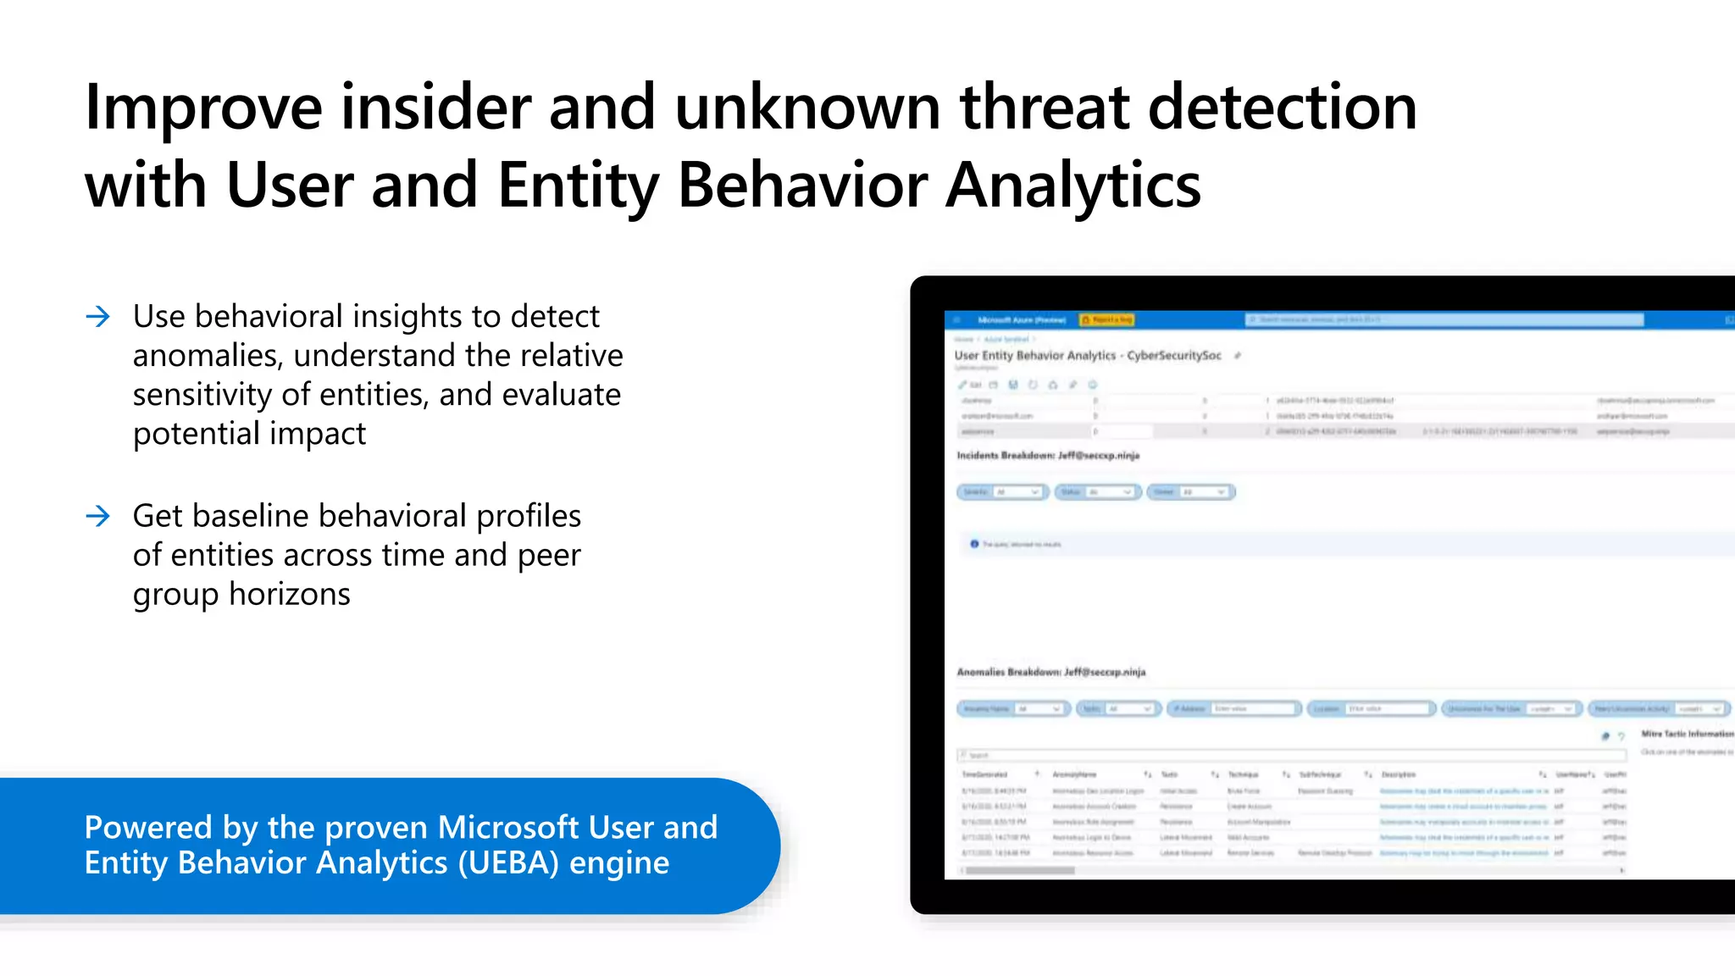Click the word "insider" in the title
(435, 108)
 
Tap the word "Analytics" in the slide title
(1073, 186)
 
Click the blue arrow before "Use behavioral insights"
(98, 317)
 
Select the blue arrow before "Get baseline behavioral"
(98, 516)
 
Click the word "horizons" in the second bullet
(289, 595)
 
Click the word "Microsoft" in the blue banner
(507, 828)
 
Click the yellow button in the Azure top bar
(1106, 320)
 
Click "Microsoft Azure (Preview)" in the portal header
(1021, 320)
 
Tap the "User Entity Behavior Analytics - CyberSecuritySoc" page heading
(1088, 356)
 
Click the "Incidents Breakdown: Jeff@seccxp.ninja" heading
(1048, 456)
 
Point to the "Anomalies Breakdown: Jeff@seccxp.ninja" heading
(1050, 672)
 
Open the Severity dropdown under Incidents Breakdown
(1003, 492)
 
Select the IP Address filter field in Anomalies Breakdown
(1233, 708)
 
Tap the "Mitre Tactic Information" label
(1686, 734)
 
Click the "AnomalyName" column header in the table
(1074, 774)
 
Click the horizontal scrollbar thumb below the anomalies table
(1020, 870)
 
